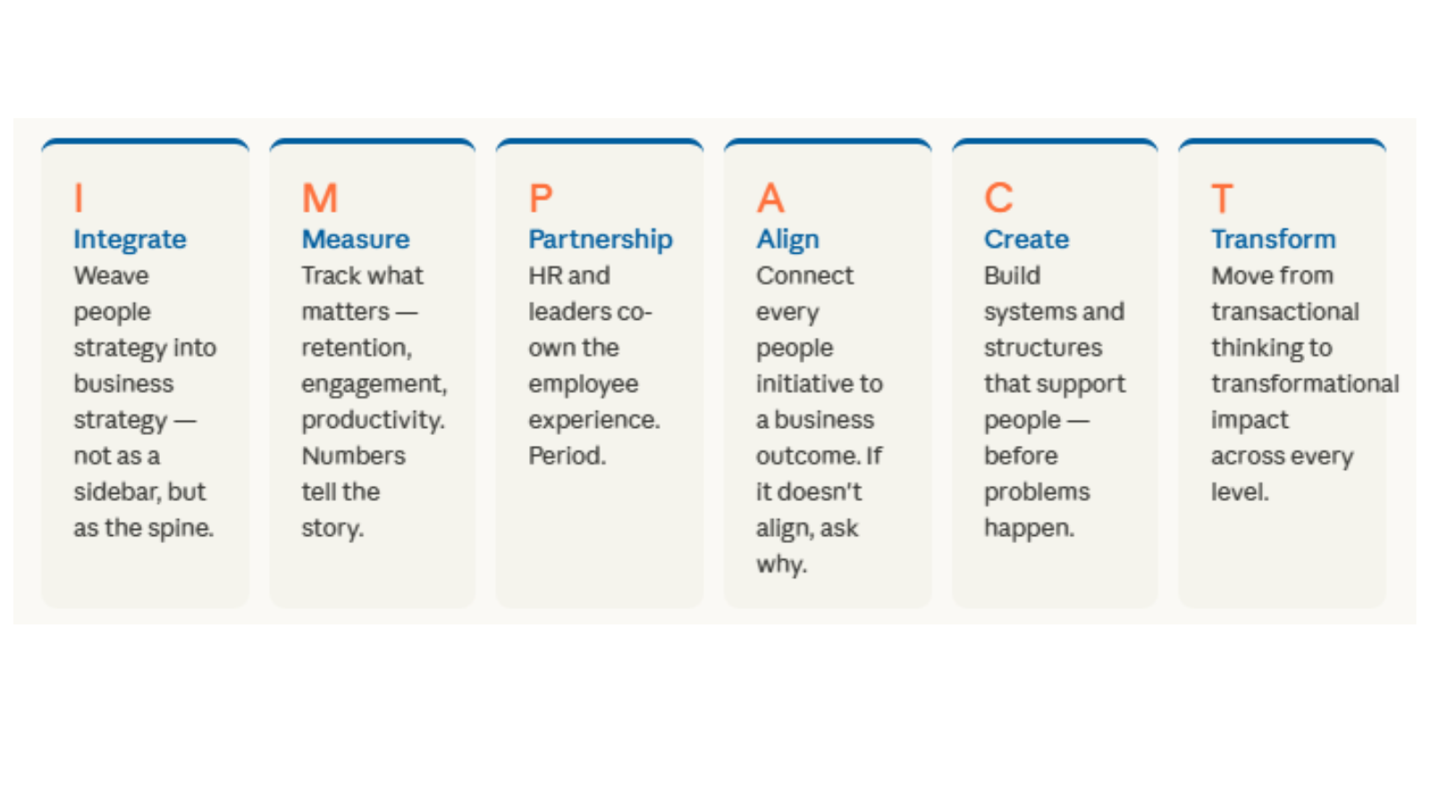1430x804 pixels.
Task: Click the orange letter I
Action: (79, 197)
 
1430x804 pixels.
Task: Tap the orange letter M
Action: (320, 197)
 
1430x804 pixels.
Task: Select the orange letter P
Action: (541, 197)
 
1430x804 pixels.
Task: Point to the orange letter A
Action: (770, 197)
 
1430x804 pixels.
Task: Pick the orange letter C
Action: (999, 197)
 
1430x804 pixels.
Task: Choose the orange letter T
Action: (1223, 197)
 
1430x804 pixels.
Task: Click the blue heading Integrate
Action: (130, 240)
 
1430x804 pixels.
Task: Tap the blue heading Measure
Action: (356, 239)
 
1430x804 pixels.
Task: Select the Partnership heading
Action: (601, 240)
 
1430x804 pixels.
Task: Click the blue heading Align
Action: (787, 240)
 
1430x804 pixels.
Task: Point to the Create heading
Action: (1027, 239)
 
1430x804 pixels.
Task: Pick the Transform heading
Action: (1274, 239)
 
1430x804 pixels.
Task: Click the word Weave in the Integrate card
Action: (112, 276)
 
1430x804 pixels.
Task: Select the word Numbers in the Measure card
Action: (354, 456)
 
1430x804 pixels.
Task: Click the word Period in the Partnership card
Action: (564, 456)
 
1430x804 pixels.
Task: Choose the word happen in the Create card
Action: (1026, 529)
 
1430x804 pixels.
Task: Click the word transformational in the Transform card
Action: (1306, 383)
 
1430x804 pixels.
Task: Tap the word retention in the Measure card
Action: (354, 348)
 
